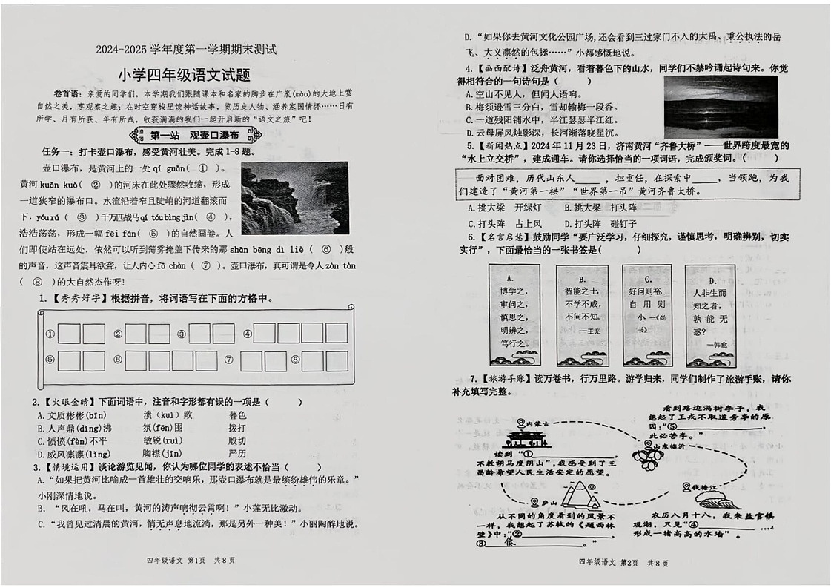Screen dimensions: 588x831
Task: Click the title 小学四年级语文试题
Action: point(185,75)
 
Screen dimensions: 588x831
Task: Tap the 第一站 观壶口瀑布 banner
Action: point(194,136)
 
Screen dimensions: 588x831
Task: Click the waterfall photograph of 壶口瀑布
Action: point(294,198)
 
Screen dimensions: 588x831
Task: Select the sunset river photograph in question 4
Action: point(720,108)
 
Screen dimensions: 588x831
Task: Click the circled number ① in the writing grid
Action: point(50,334)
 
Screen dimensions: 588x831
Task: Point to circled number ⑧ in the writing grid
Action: point(294,361)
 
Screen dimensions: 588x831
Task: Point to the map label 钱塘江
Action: point(702,487)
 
